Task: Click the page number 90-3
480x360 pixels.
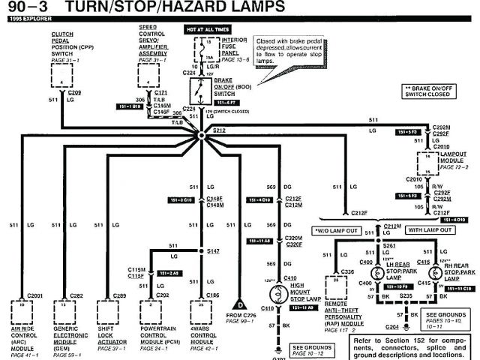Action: click(x=28, y=7)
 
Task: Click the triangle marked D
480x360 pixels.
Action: click(x=241, y=304)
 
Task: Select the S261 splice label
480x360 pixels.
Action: click(x=388, y=244)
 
